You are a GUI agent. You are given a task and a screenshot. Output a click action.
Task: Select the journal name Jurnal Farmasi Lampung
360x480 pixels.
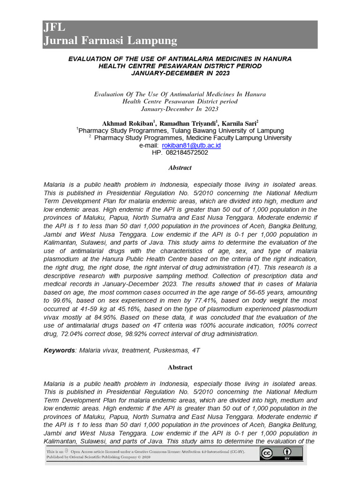(x=110, y=41)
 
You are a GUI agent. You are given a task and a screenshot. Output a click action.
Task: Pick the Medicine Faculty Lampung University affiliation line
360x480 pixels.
(x=239, y=138)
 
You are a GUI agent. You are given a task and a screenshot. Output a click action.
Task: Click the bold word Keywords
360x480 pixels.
(x=60, y=350)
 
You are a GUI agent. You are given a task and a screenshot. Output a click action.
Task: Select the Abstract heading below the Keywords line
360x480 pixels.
(x=180, y=367)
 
